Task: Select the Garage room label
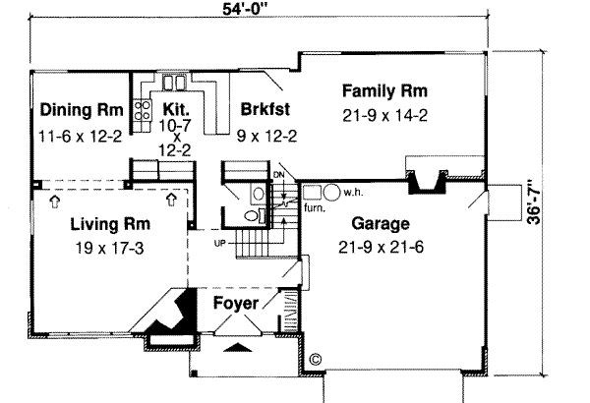tap(384, 223)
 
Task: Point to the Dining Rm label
tap(82, 109)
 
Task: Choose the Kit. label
tap(176, 109)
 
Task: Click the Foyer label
tap(236, 304)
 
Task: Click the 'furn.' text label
tap(315, 208)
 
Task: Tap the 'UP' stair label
tap(222, 242)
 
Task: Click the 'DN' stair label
tap(278, 176)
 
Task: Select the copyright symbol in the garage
tap(316, 360)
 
